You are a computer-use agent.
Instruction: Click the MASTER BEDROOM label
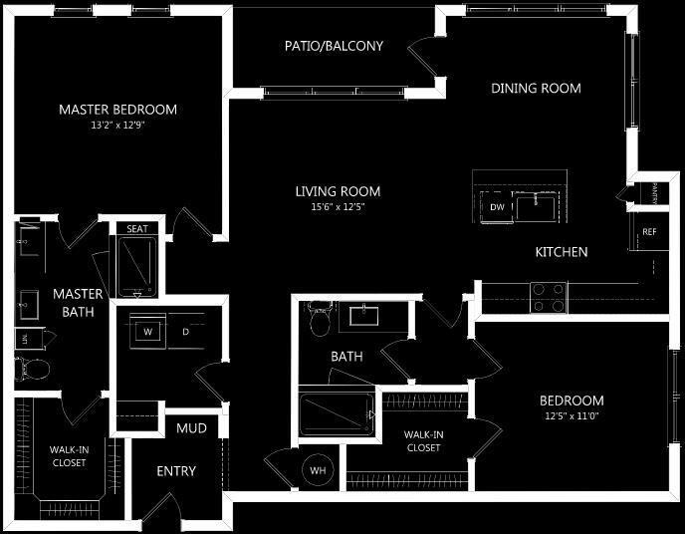point(117,109)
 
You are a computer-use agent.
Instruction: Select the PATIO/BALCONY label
point(334,46)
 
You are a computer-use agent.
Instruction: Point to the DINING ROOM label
point(536,88)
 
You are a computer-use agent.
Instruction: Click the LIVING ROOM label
point(338,191)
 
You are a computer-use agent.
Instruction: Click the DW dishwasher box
point(496,207)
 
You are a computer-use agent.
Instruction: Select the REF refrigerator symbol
point(649,232)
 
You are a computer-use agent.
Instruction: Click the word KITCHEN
point(561,252)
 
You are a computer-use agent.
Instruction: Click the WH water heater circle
point(319,470)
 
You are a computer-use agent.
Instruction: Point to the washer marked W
point(147,331)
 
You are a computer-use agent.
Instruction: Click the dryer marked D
point(185,331)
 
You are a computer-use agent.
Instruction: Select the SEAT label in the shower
point(137,228)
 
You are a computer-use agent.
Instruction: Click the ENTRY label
point(176,470)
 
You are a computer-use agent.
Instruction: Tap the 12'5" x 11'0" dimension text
point(571,415)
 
